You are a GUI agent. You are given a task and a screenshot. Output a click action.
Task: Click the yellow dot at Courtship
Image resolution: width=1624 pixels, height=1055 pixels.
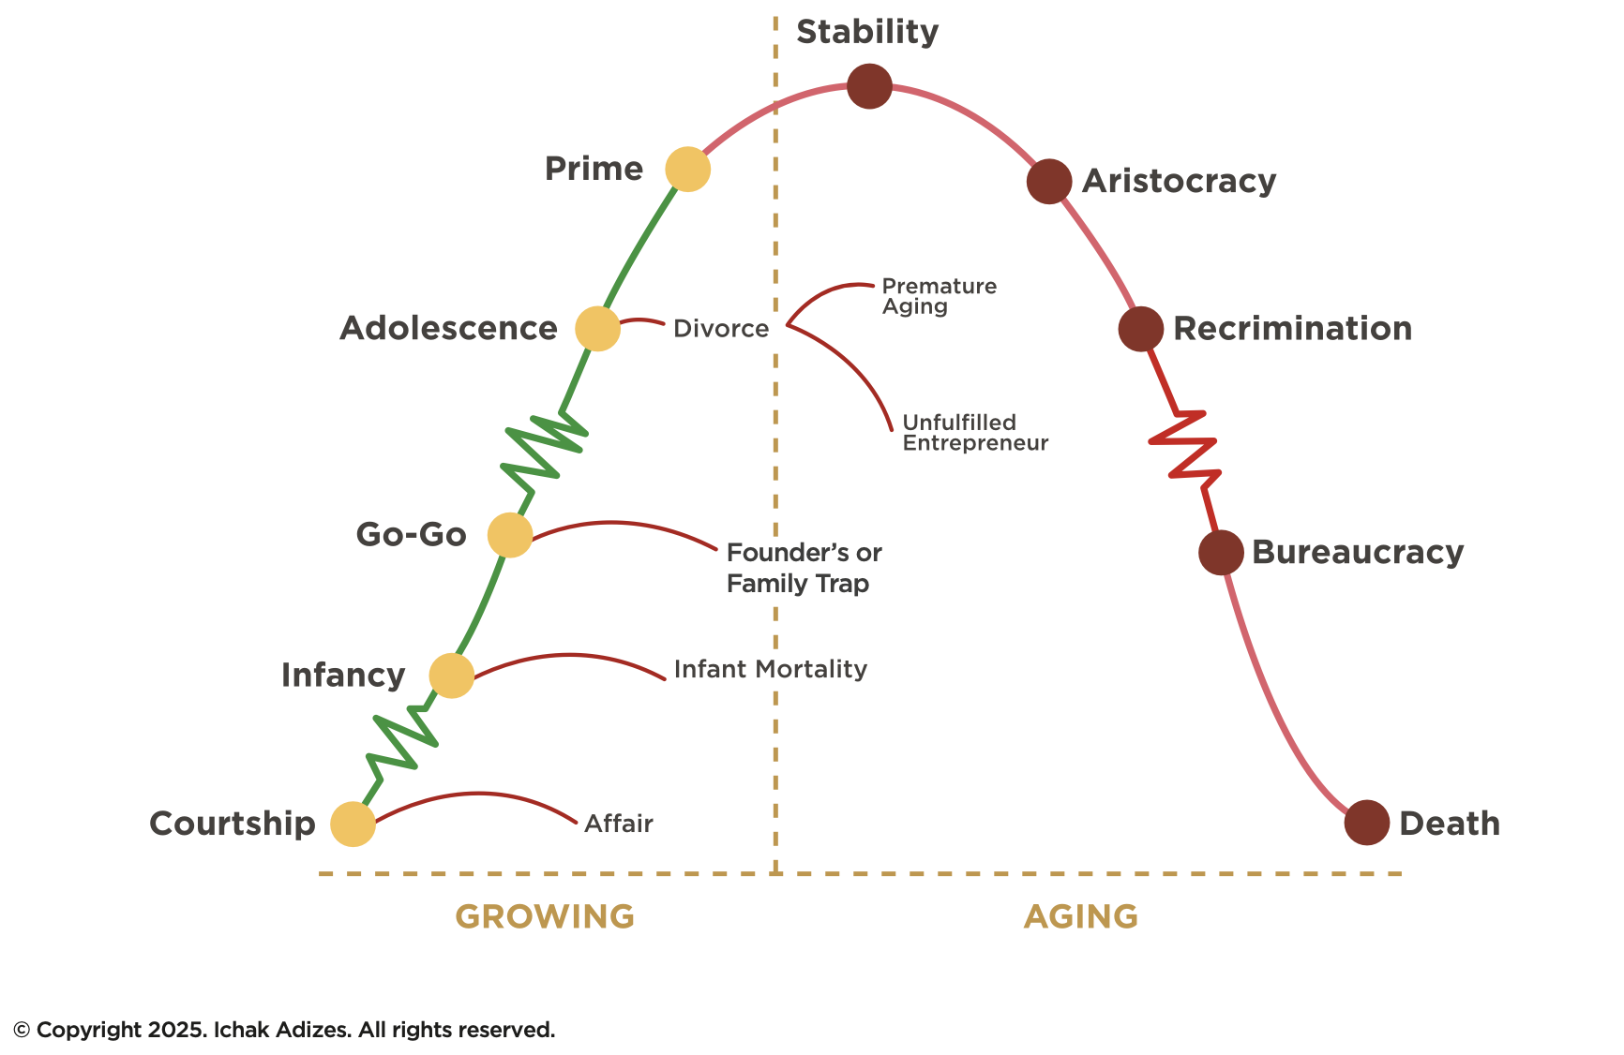tap(353, 825)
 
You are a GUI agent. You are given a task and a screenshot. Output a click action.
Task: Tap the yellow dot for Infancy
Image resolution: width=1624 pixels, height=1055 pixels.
tap(452, 676)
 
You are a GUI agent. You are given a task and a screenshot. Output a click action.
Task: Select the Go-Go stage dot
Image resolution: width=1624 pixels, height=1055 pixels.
tap(510, 535)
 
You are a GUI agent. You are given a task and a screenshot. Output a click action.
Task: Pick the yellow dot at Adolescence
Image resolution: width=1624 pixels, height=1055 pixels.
tap(597, 329)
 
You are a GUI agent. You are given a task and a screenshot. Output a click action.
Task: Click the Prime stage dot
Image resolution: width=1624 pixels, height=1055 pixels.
tap(688, 170)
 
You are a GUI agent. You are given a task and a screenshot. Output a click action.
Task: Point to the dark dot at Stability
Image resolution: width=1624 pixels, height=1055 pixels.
tap(869, 86)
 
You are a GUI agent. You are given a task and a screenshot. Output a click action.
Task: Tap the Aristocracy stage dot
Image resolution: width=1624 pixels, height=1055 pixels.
tap(1049, 181)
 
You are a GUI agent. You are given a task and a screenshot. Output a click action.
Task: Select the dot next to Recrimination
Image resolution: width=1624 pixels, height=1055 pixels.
tap(1141, 329)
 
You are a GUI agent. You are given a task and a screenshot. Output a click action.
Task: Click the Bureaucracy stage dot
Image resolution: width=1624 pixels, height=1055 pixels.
tap(1221, 553)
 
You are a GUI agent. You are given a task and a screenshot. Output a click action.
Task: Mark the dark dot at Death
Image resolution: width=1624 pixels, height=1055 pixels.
tap(1367, 824)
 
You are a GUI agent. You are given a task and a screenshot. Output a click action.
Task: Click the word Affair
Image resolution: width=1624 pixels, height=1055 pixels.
tap(619, 824)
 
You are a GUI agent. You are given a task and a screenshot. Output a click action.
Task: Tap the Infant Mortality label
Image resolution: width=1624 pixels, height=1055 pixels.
tap(771, 669)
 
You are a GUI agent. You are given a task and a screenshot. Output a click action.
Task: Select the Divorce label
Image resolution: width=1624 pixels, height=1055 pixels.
tap(721, 329)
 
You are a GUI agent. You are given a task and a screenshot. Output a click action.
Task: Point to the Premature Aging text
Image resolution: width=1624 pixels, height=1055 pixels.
tap(939, 296)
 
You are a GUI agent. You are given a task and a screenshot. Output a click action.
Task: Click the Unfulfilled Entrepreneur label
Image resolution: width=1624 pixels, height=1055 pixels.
tap(975, 433)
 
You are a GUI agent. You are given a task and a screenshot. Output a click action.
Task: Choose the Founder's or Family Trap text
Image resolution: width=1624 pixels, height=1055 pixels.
tap(804, 568)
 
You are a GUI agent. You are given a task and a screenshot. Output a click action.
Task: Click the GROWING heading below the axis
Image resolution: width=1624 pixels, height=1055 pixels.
tap(545, 916)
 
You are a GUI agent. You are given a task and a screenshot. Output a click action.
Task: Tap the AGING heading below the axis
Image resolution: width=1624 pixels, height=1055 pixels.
tap(1081, 916)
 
